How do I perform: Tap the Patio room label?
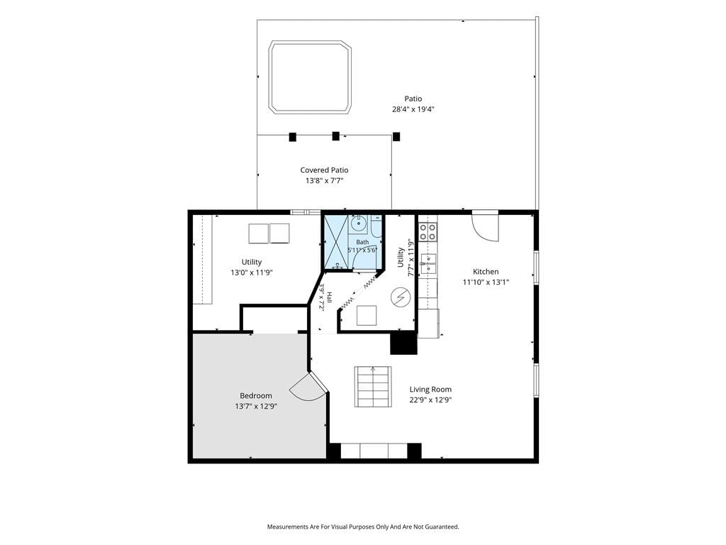coord(413,99)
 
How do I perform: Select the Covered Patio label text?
coord(324,170)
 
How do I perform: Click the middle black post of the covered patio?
coord(335,136)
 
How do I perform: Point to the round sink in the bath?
coord(358,224)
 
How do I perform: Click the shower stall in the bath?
coord(335,241)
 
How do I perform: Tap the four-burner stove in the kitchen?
coord(428,232)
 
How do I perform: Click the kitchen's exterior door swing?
coord(486,227)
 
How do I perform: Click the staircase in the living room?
coord(373,387)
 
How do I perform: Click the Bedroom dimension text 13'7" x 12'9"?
coord(255,407)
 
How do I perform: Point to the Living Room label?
coord(430,390)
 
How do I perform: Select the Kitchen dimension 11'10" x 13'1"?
coord(486,282)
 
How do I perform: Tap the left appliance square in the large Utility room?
coord(259,233)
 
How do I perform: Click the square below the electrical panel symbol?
coord(367,316)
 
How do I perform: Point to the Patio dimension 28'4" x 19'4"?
coord(413,109)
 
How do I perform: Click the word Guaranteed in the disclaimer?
coord(443,527)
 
